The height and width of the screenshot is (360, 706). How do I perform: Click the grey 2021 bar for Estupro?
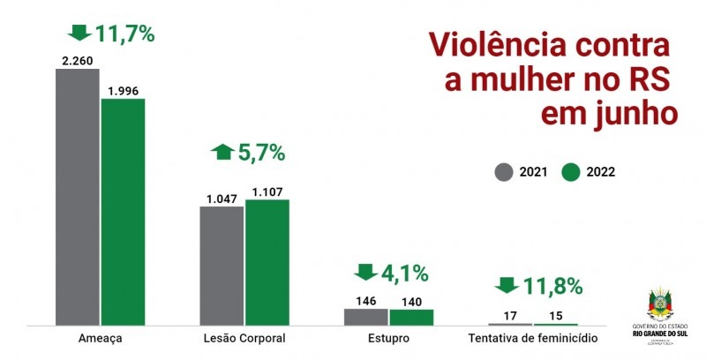tap(365, 316)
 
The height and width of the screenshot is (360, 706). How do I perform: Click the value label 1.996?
tap(123, 91)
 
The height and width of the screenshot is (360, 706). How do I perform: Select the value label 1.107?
tap(267, 191)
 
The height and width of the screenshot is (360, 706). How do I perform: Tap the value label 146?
tap(365, 300)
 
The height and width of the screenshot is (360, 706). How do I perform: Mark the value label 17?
tap(511, 316)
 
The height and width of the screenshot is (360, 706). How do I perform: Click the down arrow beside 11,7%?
tap(79, 34)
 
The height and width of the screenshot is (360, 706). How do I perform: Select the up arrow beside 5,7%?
tap(222, 152)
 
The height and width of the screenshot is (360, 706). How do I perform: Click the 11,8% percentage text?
tap(552, 287)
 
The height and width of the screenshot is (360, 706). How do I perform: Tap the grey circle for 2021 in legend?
tap(504, 172)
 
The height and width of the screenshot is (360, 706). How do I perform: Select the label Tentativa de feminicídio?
tap(533, 339)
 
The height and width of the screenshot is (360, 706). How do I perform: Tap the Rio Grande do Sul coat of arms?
tap(660, 303)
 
